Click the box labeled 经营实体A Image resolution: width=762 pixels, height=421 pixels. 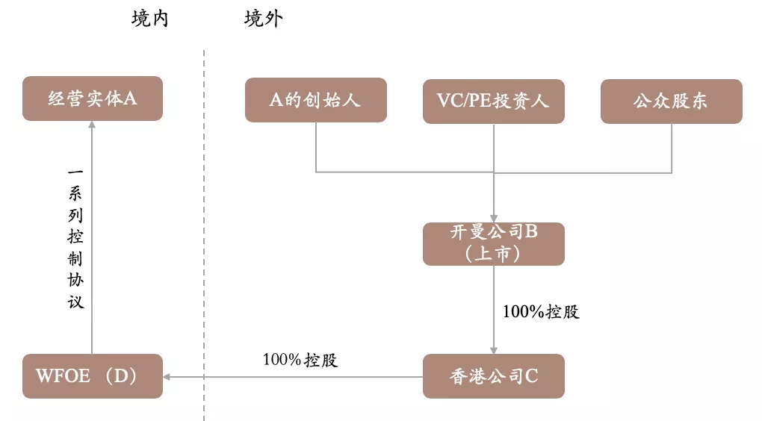92,99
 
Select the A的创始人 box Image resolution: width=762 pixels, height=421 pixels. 315,100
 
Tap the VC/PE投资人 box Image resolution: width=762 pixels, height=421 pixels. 493,101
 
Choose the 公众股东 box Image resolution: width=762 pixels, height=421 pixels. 671,101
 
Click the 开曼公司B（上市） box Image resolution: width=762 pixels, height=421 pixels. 493,243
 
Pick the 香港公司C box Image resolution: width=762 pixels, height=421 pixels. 493,376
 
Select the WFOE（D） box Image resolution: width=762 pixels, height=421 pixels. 92,376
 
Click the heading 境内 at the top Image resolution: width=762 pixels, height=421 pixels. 150,19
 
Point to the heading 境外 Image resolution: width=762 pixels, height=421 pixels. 263,19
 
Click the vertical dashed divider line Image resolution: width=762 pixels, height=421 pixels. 204,224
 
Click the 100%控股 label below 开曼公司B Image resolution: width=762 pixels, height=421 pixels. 541,312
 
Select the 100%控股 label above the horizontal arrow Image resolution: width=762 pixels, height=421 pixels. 300,360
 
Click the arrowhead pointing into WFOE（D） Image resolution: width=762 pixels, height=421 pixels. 168,376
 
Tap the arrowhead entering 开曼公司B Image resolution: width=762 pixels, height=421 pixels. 493,217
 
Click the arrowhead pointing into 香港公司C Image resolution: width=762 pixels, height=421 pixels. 493,349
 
